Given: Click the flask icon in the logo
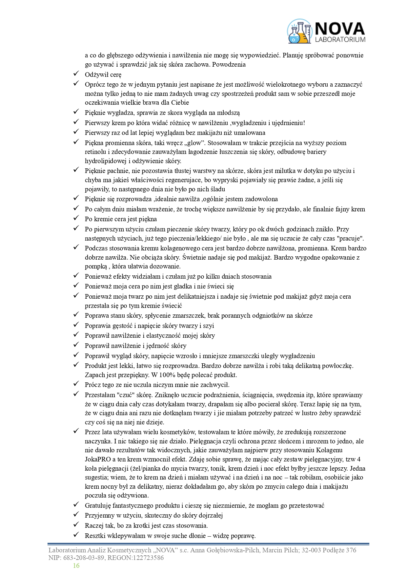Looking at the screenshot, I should pos(299,32).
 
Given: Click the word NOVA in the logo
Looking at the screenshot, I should pos(339,29).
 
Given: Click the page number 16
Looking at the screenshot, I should pos(76,565).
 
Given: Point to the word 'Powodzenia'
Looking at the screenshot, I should pos(229,64).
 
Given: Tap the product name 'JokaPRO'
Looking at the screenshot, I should pos(97,459).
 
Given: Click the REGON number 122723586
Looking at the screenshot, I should pos(147,558).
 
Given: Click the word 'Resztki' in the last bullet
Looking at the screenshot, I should pos(95,536).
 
